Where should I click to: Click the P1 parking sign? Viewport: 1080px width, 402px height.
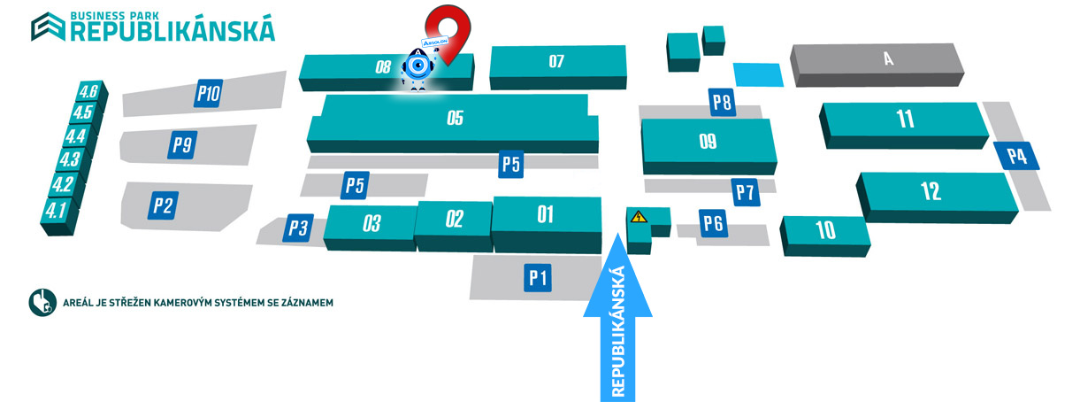coord(539,278)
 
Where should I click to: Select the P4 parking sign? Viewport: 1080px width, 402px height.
coord(1016,157)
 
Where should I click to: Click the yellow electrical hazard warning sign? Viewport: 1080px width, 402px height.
coord(636,215)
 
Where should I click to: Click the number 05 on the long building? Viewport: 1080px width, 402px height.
coord(455,118)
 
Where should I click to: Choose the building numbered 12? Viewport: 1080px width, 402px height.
coord(931,190)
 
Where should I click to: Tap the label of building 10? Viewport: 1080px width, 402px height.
coord(825,231)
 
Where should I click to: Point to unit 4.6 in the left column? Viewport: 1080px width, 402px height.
coord(88,92)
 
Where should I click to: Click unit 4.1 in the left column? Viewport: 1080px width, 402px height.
coord(57,211)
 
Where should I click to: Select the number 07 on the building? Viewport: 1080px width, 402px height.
coord(556,62)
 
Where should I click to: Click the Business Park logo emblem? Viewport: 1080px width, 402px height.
coord(44,27)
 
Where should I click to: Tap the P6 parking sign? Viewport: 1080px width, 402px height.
coord(713,223)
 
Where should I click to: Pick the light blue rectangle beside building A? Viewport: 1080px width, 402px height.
coord(758,74)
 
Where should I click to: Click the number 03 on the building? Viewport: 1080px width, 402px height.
coord(371,223)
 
